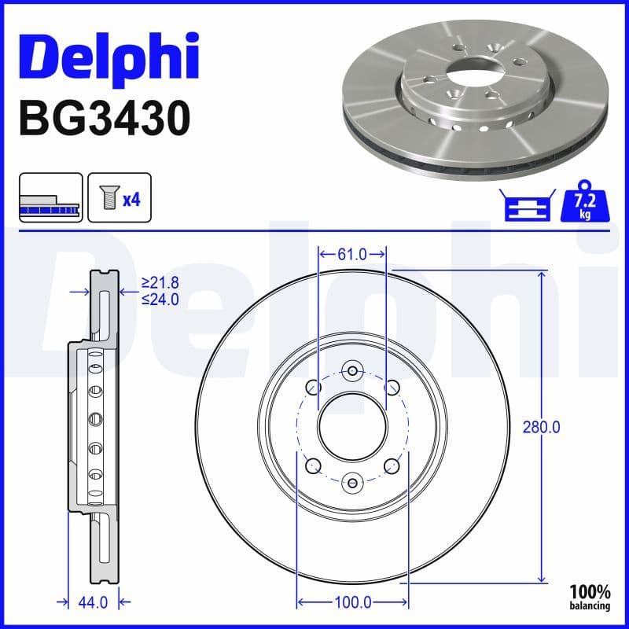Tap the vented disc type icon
50,197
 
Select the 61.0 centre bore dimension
351,254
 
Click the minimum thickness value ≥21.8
160,281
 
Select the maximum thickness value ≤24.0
160,299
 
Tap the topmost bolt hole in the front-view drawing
352,371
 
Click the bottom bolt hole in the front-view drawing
352,480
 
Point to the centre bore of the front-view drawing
352,426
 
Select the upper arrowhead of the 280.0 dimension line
541,275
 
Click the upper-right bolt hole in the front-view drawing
391,387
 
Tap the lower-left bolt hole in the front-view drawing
313,465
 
